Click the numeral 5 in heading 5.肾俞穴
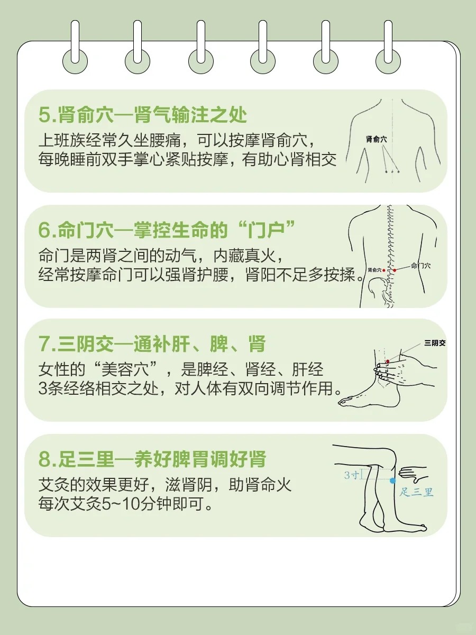point(44,115)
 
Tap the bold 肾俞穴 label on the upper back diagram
point(377,139)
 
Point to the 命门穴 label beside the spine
point(420,266)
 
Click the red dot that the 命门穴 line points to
point(395,270)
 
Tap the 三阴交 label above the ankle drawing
point(435,343)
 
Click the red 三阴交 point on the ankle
point(387,361)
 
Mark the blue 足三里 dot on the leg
point(392,480)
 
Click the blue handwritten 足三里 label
point(417,493)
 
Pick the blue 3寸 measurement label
point(351,475)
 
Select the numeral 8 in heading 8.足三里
point(44,459)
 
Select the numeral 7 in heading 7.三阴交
point(44,344)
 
